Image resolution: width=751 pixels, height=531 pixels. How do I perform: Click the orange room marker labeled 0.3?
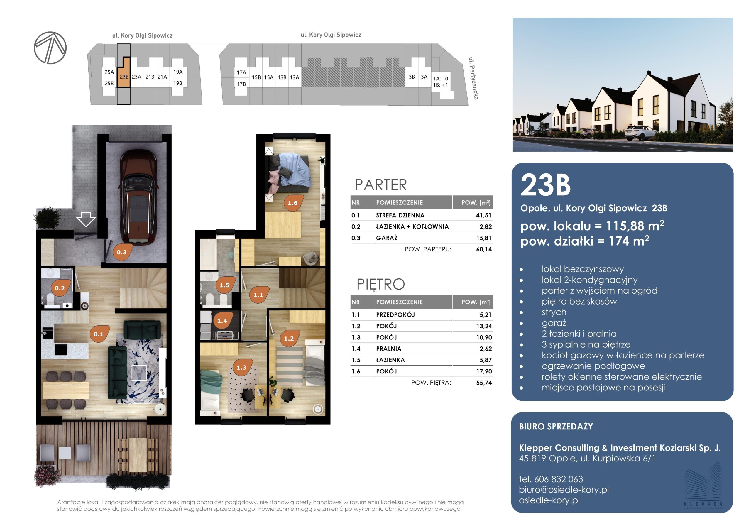click(122, 252)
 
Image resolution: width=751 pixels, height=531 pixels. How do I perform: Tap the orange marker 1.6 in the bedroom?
click(293, 203)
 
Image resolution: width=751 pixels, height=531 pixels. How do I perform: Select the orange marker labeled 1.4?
click(222, 320)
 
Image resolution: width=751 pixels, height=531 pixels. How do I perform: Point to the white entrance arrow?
click(86, 219)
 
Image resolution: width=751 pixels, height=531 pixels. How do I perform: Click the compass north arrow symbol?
click(50, 48)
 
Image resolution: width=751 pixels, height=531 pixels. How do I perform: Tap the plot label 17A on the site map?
click(241, 72)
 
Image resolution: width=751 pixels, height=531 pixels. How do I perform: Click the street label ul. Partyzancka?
click(473, 78)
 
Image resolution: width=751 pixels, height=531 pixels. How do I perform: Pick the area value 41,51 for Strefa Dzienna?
click(484, 215)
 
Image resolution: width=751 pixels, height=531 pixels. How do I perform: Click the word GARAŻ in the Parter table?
click(387, 238)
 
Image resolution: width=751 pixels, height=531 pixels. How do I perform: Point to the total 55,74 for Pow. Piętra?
click(484, 383)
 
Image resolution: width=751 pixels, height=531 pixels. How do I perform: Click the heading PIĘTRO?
click(381, 284)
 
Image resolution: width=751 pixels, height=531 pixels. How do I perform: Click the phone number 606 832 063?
click(559, 479)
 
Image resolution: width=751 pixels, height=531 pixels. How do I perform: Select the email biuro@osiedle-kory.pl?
click(564, 489)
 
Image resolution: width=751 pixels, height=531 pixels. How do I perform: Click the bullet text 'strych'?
click(554, 312)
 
